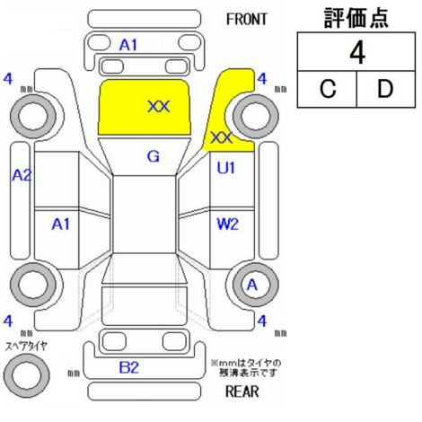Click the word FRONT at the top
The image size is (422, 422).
pyautogui.click(x=246, y=20)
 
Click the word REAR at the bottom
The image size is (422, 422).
pyautogui.click(x=242, y=391)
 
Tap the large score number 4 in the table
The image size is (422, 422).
pyautogui.click(x=357, y=53)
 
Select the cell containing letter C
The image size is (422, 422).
pyautogui.click(x=327, y=89)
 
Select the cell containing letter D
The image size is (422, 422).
pyautogui.click(x=386, y=89)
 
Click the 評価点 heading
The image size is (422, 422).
pyautogui.click(x=356, y=18)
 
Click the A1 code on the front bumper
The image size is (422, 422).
pyautogui.click(x=128, y=46)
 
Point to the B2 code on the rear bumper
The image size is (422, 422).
pyautogui.click(x=129, y=367)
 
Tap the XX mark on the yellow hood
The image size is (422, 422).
pyautogui.click(x=159, y=107)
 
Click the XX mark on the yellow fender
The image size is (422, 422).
pyautogui.click(x=222, y=137)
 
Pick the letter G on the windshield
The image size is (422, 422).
pyautogui.click(x=154, y=156)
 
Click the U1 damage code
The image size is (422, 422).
pyautogui.click(x=226, y=168)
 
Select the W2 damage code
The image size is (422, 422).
pyautogui.click(x=227, y=224)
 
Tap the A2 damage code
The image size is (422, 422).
pyautogui.click(x=22, y=175)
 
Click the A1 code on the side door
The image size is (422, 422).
pyautogui.click(x=61, y=224)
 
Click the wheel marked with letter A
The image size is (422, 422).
pyautogui.click(x=256, y=285)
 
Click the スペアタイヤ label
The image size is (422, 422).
pyautogui.click(x=26, y=347)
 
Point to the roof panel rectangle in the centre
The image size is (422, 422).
pyautogui.click(x=145, y=215)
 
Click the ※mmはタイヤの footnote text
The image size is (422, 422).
pyautogui.click(x=246, y=364)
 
